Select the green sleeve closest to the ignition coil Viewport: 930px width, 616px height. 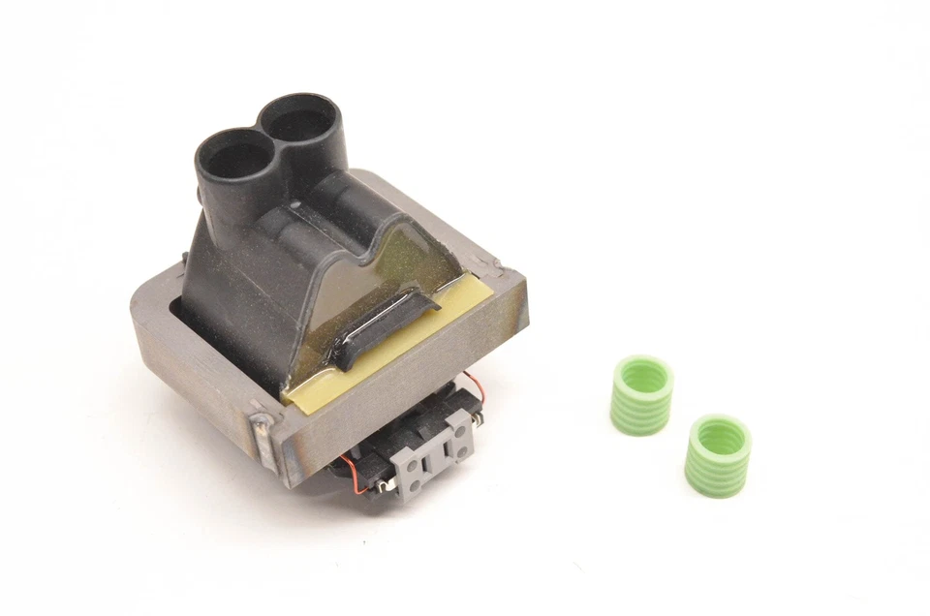(x=642, y=394)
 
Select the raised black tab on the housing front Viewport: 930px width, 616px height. (x=382, y=325)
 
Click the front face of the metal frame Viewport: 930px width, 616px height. (x=407, y=387)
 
